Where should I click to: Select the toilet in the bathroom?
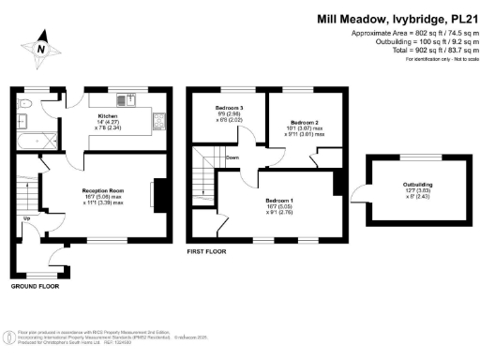tap(26, 104)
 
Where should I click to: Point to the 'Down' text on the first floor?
tap(232, 157)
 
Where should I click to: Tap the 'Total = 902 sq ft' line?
tap(416, 50)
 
